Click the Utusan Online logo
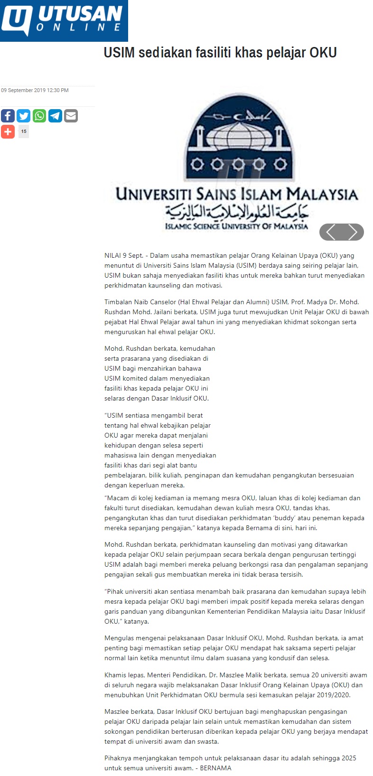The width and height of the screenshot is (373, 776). click(x=64, y=21)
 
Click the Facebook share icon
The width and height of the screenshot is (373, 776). click(x=8, y=116)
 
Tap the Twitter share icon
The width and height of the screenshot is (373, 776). click(x=23, y=116)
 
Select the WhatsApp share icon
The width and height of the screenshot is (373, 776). click(x=39, y=116)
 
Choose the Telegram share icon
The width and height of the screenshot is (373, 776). click(x=55, y=116)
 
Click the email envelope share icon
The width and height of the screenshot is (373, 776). click(x=71, y=116)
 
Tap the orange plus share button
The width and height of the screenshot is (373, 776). click(x=8, y=131)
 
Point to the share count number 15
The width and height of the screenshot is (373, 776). click(x=24, y=131)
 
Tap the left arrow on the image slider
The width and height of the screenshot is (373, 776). click(x=331, y=232)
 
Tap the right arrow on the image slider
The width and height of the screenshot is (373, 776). click(x=353, y=232)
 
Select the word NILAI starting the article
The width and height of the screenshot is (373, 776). click(x=113, y=255)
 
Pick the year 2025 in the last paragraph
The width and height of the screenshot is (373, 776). click(x=349, y=758)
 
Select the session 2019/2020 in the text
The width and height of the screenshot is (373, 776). click(x=334, y=695)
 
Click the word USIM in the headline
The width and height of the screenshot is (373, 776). click(x=119, y=52)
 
